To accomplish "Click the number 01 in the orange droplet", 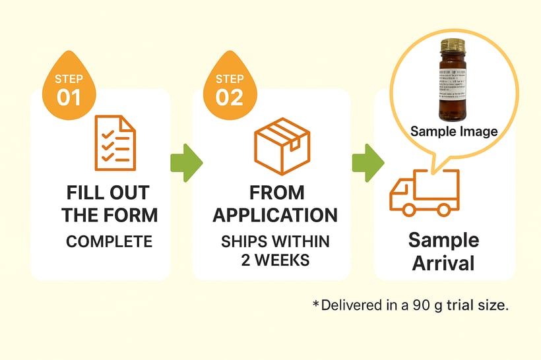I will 69,97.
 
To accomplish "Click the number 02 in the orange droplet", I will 230,97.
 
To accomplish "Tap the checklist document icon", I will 115,142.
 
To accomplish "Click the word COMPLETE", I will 109,241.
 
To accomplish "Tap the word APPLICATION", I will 275,215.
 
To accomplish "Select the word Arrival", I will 443,263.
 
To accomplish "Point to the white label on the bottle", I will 452,84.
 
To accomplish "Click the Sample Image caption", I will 454,131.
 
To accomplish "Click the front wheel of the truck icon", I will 445,209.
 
